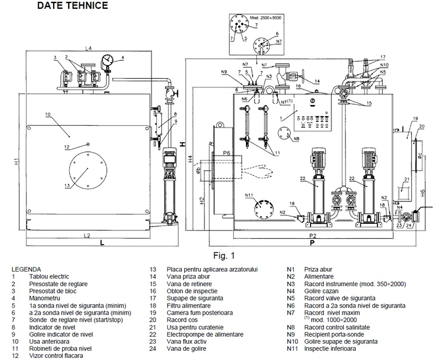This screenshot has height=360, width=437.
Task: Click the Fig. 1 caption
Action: click(x=224, y=255)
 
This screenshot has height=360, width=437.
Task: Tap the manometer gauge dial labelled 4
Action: click(x=107, y=60)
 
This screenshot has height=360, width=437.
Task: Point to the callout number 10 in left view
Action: click(x=48, y=115)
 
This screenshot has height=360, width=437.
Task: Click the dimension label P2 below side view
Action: click(x=312, y=235)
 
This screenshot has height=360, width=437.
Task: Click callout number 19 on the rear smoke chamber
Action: click(x=415, y=118)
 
